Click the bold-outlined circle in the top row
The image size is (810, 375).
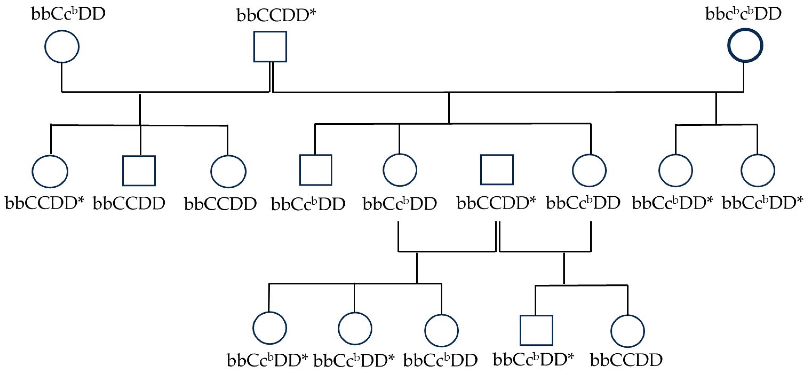pyautogui.click(x=745, y=45)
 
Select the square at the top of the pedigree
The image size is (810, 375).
pyautogui.click(x=270, y=47)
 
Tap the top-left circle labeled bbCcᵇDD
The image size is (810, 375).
pyautogui.click(x=62, y=47)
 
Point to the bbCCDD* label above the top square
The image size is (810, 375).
pyautogui.click(x=276, y=16)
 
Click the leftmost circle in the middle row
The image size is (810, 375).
pyautogui.click(x=50, y=171)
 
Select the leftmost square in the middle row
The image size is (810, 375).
pyautogui.click(x=139, y=171)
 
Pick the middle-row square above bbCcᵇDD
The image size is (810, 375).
pyautogui.click(x=316, y=170)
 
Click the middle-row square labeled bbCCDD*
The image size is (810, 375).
pyautogui.click(x=497, y=170)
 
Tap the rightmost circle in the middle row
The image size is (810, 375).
pyautogui.click(x=758, y=171)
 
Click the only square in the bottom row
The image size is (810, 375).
pyautogui.click(x=536, y=330)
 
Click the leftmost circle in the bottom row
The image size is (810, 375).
pyautogui.click(x=270, y=328)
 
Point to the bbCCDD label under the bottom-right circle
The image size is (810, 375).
pyautogui.click(x=626, y=360)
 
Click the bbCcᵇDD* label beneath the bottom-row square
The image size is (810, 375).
pyautogui.click(x=534, y=360)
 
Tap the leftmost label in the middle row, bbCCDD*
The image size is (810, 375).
pyautogui.click(x=45, y=203)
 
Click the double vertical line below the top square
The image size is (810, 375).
pyautogui.click(x=271, y=77)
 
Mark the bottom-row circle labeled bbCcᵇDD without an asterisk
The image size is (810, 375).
pyautogui.click(x=441, y=330)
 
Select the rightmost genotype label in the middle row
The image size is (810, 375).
pyautogui.click(x=762, y=203)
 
